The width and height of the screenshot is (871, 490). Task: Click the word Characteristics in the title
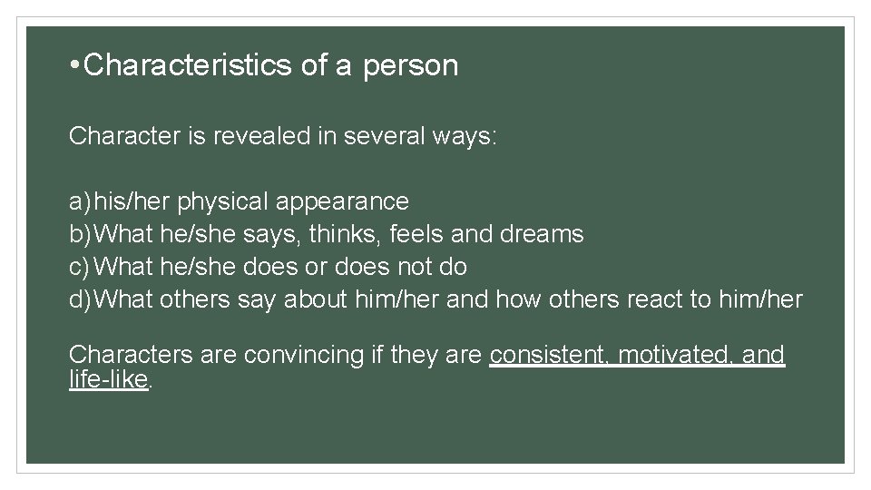pos(187,65)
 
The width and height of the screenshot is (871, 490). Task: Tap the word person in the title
pos(411,66)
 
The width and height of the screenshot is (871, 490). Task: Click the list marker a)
pos(80,201)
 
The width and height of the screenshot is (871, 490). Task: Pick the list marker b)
pos(80,234)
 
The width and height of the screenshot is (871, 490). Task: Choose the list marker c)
pos(80,267)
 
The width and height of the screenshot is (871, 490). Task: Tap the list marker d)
pos(80,299)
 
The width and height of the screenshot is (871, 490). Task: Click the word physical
pos(223,201)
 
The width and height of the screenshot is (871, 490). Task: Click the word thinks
pos(344,234)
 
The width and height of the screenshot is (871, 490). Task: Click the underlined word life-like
pos(107,379)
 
